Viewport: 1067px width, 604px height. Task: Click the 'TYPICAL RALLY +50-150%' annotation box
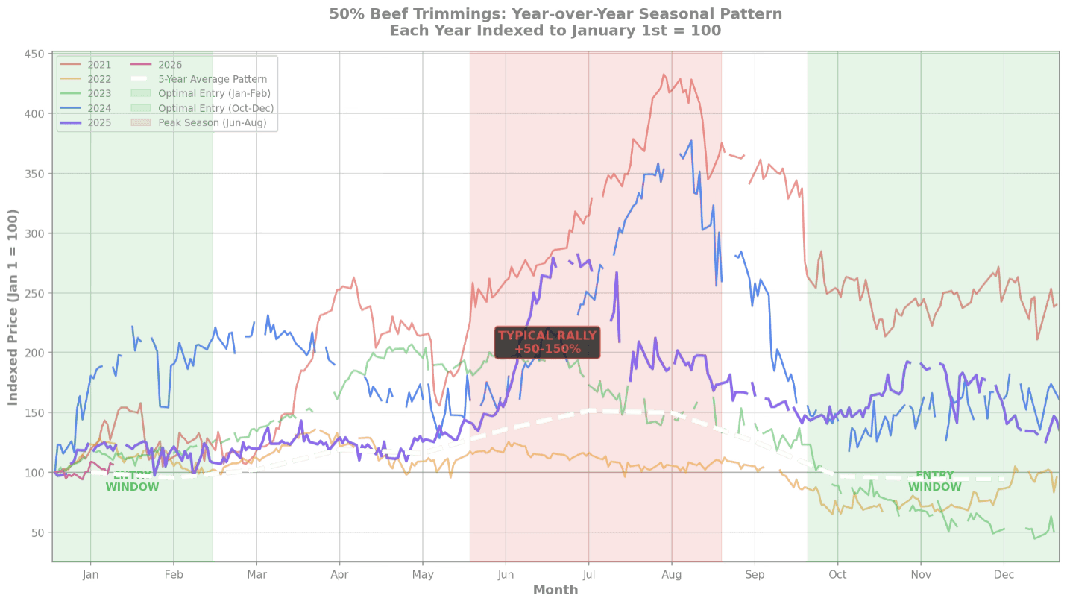[x=547, y=342]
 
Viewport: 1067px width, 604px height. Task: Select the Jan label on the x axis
[x=90, y=575]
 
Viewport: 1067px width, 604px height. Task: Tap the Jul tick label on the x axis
[x=589, y=575]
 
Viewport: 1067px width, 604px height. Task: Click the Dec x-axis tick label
[x=1004, y=575]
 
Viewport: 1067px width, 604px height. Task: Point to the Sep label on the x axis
[x=755, y=575]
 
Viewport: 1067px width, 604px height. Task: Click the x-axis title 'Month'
[x=555, y=590]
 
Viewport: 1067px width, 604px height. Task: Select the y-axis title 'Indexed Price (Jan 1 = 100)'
[x=13, y=306]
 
